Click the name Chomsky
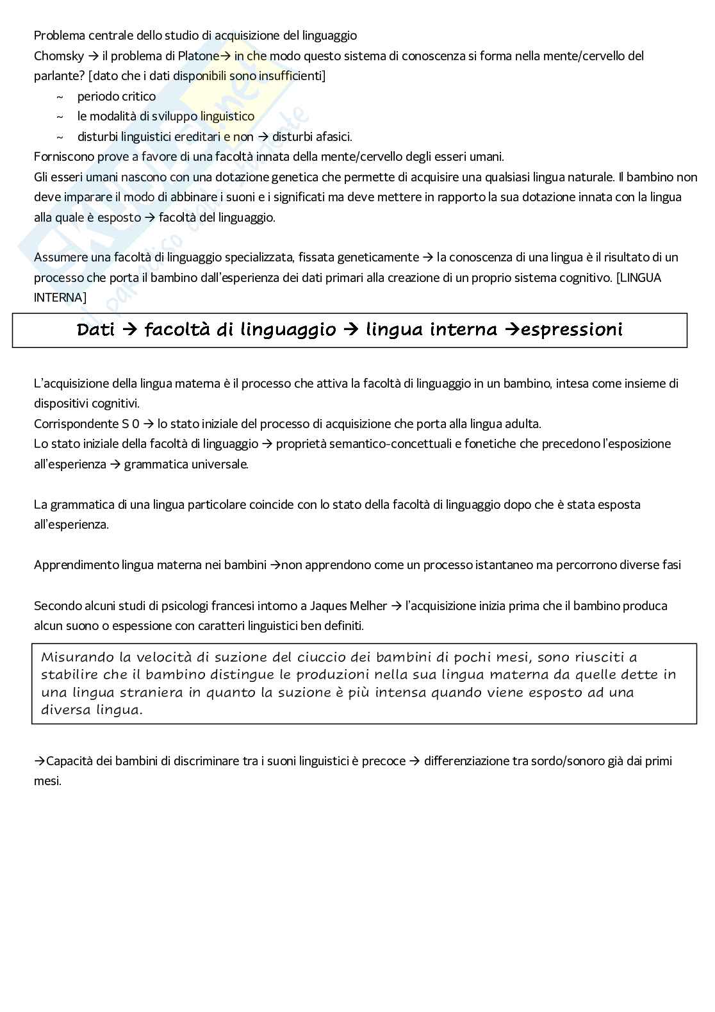[x=59, y=56]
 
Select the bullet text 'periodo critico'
[x=116, y=96]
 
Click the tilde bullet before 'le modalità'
[x=60, y=117]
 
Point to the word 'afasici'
[x=333, y=137]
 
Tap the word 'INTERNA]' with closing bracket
[x=60, y=297]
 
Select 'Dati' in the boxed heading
[x=95, y=330]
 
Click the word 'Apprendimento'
[x=76, y=565]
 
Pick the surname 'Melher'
[x=368, y=606]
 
